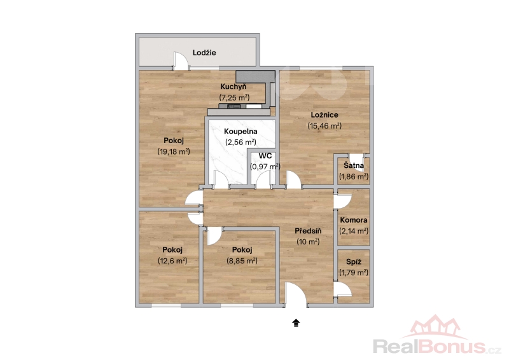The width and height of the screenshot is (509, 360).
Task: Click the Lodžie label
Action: [x=204, y=53]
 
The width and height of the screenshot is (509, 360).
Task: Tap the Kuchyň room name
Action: [x=234, y=87]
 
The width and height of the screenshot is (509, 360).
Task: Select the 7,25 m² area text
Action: [x=234, y=97]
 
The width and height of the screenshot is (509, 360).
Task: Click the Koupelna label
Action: [x=241, y=132]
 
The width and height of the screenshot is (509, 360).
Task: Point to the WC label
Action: [x=265, y=156]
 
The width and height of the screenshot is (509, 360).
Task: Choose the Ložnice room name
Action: [x=324, y=115]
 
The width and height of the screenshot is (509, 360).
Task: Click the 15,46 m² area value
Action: [x=324, y=126]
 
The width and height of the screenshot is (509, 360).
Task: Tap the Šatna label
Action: [x=354, y=165]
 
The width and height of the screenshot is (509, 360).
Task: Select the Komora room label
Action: [x=354, y=220]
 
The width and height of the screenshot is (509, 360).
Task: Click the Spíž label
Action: [x=354, y=261]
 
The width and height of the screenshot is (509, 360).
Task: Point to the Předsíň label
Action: [x=308, y=231]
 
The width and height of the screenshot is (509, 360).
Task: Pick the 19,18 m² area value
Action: [x=174, y=151]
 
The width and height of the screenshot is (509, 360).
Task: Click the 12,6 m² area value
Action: [x=172, y=260]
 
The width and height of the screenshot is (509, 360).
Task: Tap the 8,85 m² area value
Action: [x=242, y=260]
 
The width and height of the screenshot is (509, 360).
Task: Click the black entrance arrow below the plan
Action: [x=296, y=323]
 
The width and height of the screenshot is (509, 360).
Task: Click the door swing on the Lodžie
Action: [x=181, y=60]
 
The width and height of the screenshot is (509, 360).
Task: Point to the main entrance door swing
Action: [x=295, y=294]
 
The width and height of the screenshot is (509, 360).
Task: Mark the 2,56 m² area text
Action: [x=241, y=142]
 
